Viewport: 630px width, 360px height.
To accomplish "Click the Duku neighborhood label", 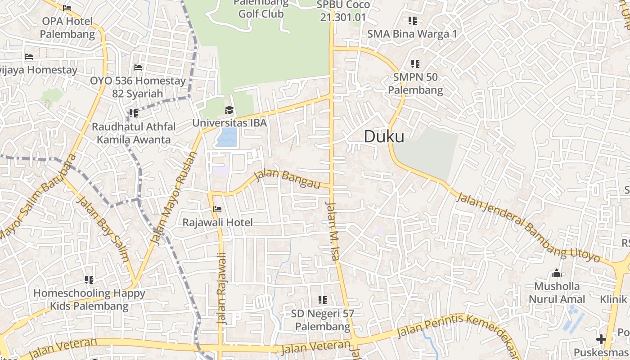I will click(x=384, y=136).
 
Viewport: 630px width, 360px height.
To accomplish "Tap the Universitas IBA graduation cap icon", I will click(x=229, y=110).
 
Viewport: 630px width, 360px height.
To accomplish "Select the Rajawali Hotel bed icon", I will click(x=217, y=209).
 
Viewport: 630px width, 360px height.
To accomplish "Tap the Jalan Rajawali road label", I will click(x=221, y=288).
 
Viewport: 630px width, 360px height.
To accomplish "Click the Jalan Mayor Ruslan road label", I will click(x=174, y=198).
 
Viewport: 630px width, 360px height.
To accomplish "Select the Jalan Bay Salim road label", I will click(x=103, y=229).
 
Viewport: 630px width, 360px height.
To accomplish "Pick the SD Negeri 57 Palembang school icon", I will click(x=322, y=300).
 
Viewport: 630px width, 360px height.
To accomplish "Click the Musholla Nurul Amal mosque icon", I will click(x=557, y=273).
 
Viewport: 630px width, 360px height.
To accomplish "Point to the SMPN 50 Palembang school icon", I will click(x=415, y=64).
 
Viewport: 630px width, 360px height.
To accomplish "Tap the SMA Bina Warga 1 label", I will click(x=412, y=34).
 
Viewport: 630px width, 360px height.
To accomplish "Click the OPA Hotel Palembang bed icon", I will click(x=67, y=8).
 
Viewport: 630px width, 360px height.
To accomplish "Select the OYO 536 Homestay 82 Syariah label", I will click(x=138, y=87).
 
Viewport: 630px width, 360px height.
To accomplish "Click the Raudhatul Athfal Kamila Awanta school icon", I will click(x=133, y=113).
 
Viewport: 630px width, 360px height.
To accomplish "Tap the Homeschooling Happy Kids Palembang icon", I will click(x=89, y=280).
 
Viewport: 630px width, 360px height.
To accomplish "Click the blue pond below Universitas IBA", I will click(x=226, y=137).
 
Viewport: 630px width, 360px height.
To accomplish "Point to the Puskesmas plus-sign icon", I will click(x=601, y=339).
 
